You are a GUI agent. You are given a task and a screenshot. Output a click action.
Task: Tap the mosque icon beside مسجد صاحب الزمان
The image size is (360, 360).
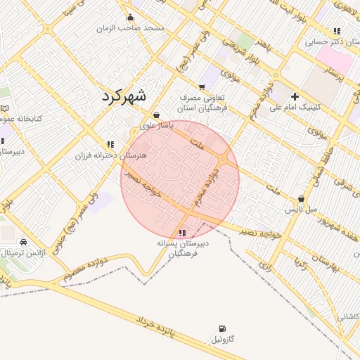(129, 18)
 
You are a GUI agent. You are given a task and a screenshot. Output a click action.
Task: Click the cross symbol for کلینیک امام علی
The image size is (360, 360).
(294, 96)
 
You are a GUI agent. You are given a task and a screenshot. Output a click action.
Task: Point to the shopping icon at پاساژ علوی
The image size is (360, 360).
(155, 115)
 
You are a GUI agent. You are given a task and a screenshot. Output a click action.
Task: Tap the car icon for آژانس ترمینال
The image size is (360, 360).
(23, 241)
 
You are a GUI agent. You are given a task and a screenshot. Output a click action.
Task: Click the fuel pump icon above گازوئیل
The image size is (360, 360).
(223, 328)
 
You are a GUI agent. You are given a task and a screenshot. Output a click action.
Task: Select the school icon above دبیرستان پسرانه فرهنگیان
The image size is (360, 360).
(183, 233)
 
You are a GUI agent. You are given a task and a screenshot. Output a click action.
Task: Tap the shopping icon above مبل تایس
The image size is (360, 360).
(302, 199)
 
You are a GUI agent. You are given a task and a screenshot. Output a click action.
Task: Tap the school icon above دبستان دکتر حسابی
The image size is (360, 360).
(337, 31)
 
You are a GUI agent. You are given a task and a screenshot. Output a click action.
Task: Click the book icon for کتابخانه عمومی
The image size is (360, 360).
(5, 109)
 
